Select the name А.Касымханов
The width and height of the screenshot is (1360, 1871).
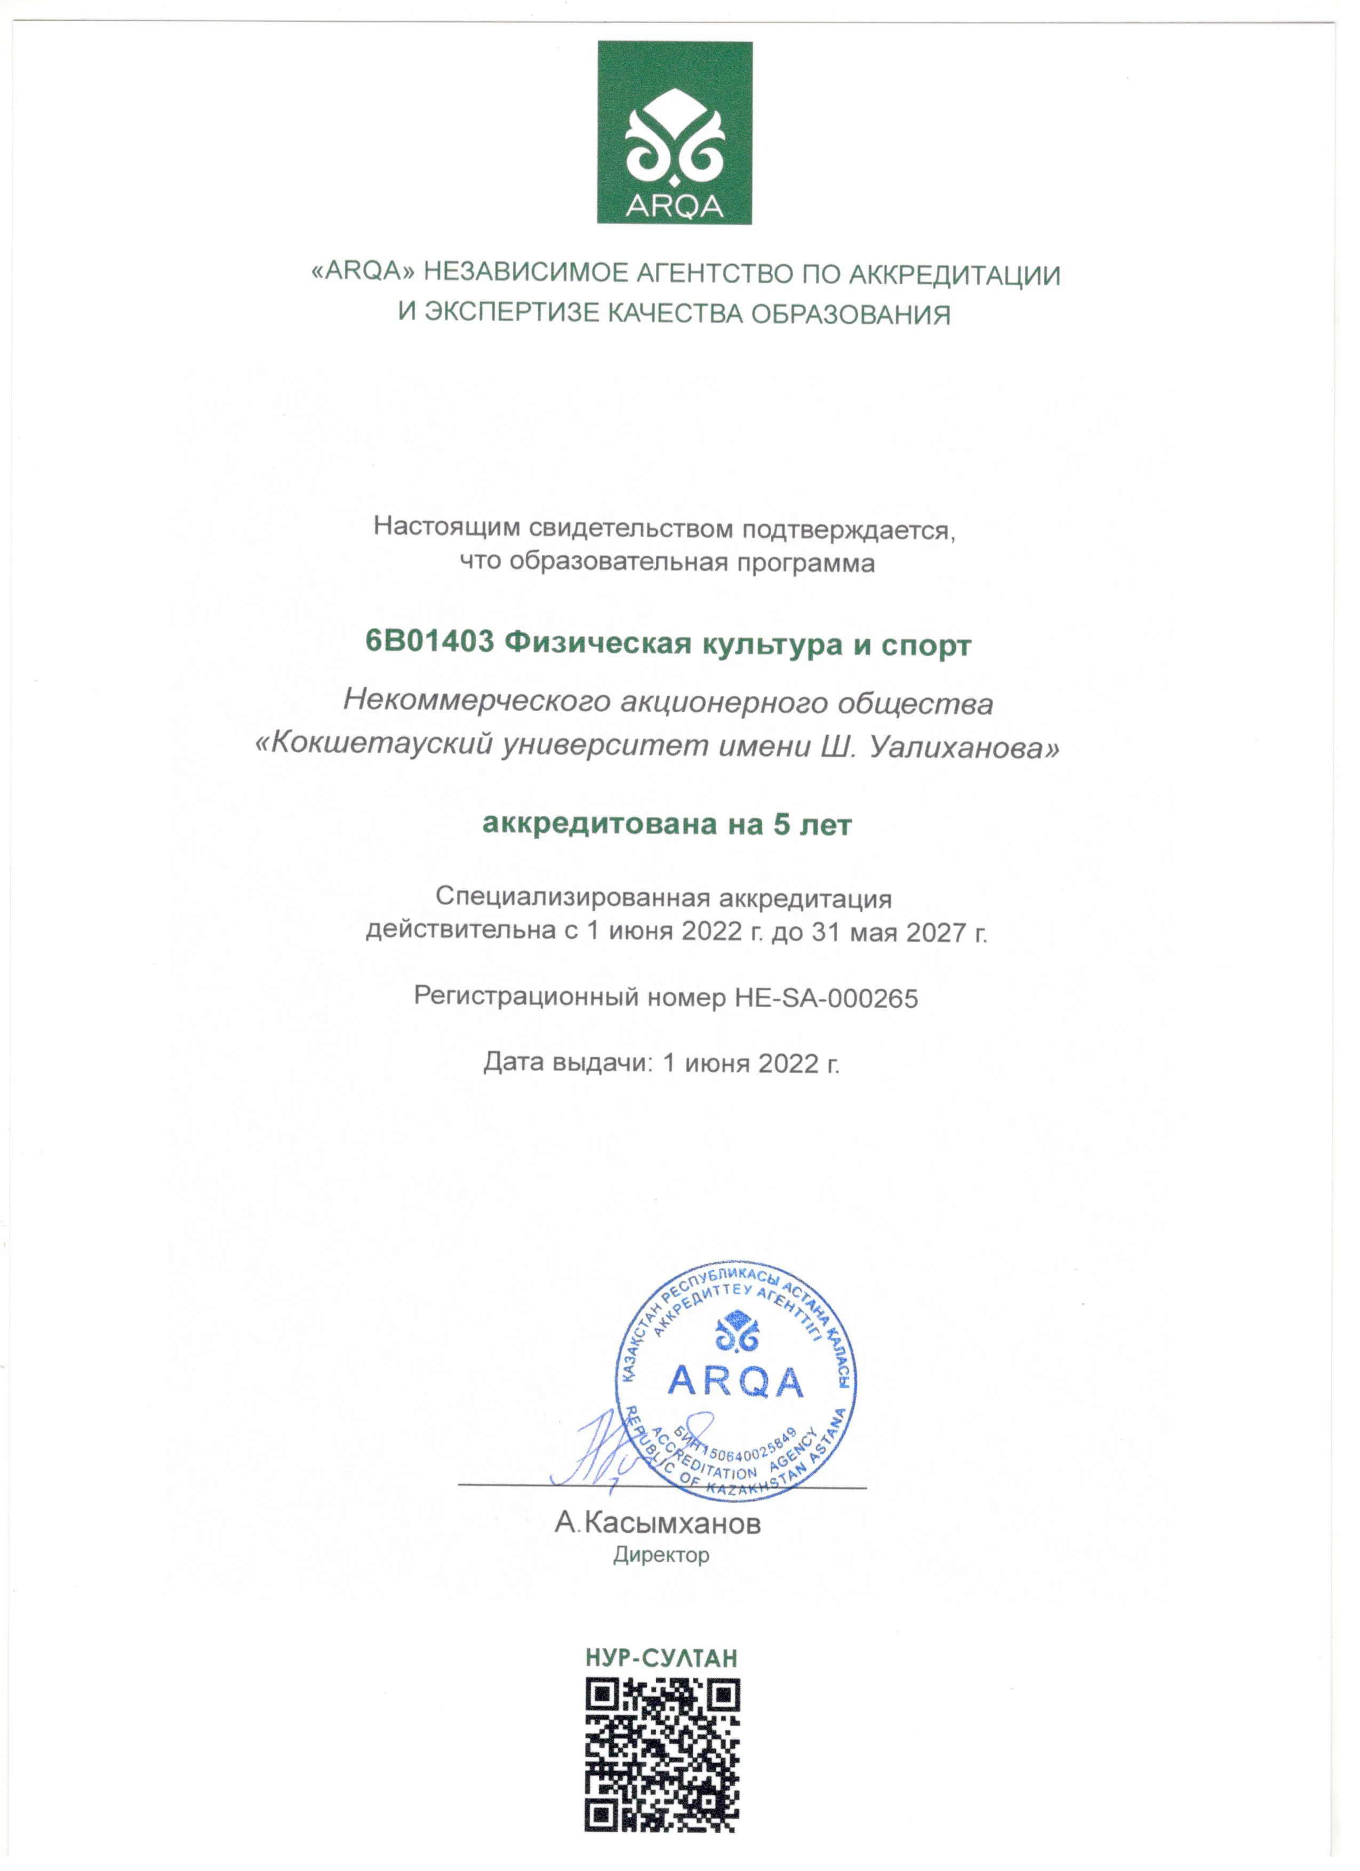pos(657,1523)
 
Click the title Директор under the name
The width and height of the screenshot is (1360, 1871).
pos(661,1556)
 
